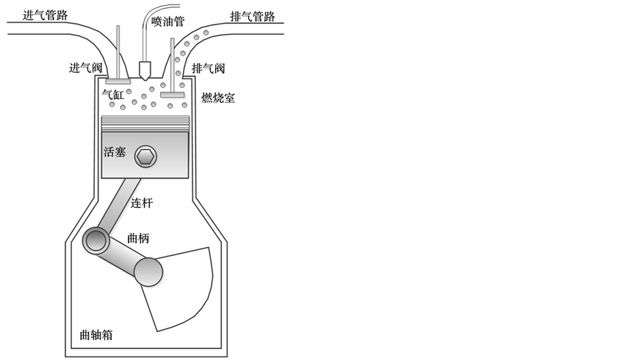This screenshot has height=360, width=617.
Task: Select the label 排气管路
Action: click(253, 16)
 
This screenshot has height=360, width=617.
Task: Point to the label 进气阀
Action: click(85, 68)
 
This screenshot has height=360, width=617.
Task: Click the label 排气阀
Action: click(208, 68)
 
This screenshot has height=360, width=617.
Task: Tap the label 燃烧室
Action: click(218, 98)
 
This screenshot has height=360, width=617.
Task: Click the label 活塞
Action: click(115, 152)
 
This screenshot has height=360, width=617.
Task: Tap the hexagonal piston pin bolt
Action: click(146, 156)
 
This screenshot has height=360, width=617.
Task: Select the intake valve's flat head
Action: click(118, 82)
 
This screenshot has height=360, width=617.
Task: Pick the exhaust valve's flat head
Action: click(173, 94)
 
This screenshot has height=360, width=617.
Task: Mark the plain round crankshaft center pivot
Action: click(148, 272)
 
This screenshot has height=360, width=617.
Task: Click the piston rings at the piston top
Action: click(144, 123)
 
